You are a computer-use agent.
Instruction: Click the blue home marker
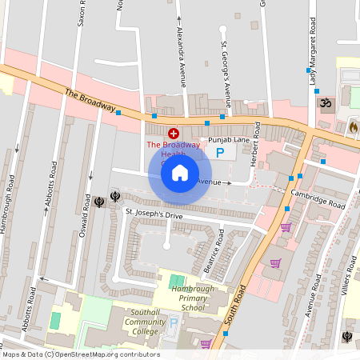(180, 172)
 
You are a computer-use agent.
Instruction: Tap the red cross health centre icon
(173, 133)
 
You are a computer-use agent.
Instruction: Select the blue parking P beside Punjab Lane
(220, 153)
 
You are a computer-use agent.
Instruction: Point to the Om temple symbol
(325, 104)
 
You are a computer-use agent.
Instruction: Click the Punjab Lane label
(224, 140)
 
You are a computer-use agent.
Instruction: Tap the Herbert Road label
(257, 140)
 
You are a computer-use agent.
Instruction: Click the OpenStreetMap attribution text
(81, 354)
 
